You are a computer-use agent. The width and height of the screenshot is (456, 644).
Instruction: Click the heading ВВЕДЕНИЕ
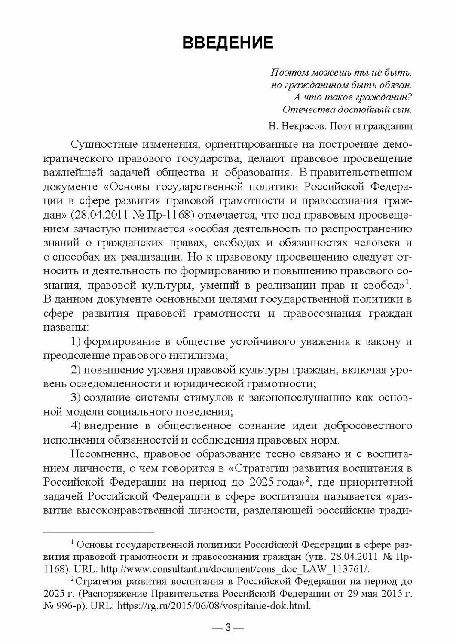tap(228, 43)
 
